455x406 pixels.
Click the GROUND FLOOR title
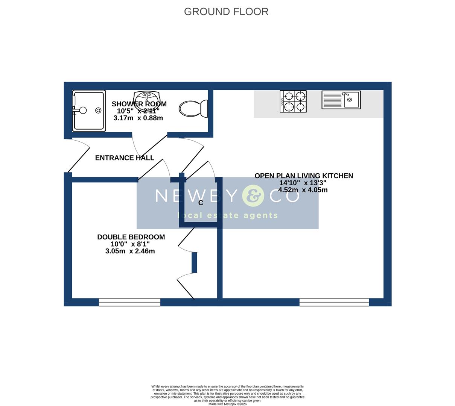226,12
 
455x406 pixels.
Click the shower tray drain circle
98,110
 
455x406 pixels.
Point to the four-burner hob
293,101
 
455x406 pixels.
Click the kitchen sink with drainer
341,100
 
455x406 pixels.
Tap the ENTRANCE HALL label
125,158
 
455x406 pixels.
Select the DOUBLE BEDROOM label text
131,237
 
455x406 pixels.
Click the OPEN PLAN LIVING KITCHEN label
304,176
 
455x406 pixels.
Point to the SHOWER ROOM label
139,104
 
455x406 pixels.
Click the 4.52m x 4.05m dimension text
303,190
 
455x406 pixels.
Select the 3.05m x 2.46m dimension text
130,251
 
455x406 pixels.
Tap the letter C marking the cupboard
201,203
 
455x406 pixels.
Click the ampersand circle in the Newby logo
253,196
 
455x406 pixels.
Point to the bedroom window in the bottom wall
129,302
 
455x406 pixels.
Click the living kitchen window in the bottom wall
334,302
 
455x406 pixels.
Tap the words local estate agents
228,215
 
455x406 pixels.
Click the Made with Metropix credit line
228,404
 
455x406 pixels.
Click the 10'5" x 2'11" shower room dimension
138,111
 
